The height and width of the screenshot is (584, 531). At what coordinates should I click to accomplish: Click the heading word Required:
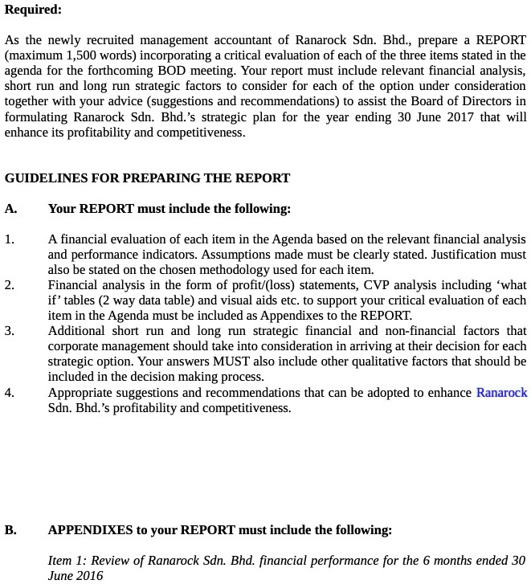[x=33, y=10]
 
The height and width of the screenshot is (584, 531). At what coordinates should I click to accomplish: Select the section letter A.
[x=10, y=209]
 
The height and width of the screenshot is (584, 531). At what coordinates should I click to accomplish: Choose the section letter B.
[x=10, y=530]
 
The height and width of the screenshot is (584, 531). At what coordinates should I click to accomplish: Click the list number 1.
[x=9, y=239]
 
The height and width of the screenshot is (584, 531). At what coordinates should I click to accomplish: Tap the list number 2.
[x=9, y=285]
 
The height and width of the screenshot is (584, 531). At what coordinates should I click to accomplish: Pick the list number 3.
[x=9, y=331]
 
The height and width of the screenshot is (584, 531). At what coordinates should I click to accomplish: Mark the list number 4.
[x=9, y=393]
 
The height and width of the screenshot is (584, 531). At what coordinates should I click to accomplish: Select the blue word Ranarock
[x=502, y=393]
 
